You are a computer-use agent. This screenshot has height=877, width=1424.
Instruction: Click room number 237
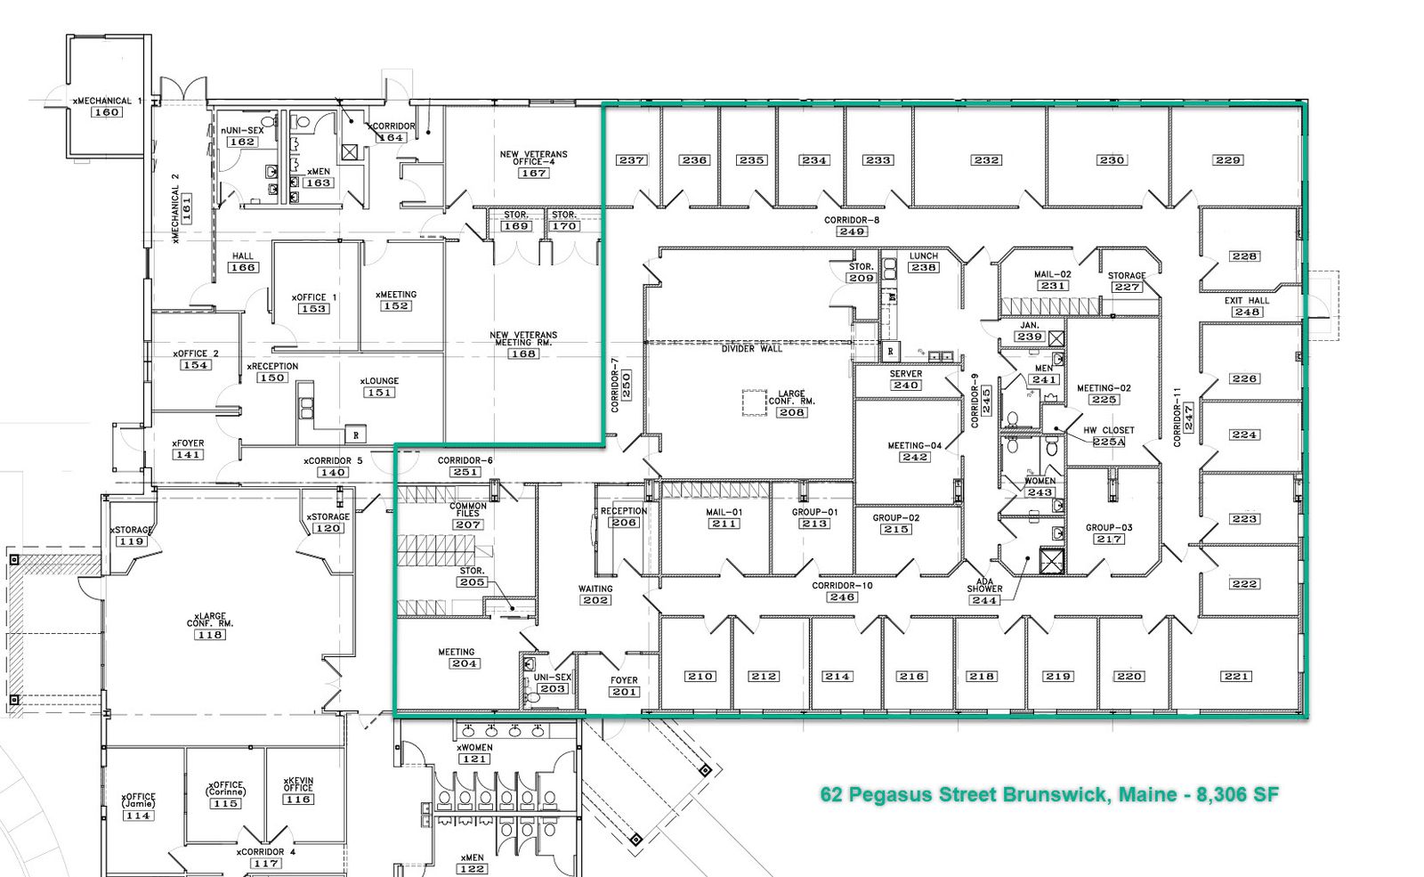[632, 160]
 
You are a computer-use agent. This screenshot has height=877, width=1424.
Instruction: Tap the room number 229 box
[1227, 160]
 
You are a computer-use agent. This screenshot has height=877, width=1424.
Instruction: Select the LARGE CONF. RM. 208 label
[791, 403]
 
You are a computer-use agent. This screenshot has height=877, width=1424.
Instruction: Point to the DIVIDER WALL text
[752, 348]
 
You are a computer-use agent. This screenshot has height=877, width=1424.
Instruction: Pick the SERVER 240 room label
[906, 379]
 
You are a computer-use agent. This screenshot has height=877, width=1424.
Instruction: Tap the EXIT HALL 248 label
[1247, 306]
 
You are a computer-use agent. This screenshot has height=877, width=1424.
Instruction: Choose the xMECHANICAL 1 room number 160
[106, 112]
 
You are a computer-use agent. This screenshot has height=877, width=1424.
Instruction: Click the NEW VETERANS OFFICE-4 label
[533, 158]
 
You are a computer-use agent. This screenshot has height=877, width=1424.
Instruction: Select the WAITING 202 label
[595, 595]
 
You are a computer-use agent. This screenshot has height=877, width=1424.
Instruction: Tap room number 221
[1236, 676]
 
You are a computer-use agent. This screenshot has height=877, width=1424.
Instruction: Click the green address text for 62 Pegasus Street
[1049, 795]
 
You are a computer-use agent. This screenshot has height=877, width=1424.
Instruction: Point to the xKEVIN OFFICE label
[298, 784]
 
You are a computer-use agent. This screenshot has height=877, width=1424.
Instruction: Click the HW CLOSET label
[1109, 430]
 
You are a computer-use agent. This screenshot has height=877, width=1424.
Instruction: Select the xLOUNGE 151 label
[379, 386]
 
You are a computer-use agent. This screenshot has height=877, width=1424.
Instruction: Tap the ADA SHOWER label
[984, 585]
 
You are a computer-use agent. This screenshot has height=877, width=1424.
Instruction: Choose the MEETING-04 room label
[915, 445]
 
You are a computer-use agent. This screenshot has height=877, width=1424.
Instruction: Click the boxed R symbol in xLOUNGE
[355, 435]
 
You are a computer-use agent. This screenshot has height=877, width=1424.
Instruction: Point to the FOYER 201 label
[624, 686]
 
